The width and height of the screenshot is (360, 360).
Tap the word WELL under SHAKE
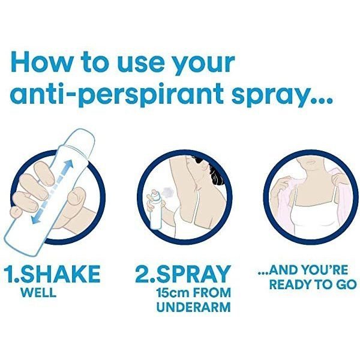[x=38, y=293]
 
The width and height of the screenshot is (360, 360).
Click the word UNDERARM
[x=193, y=307]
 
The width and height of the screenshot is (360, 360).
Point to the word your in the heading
[x=203, y=65]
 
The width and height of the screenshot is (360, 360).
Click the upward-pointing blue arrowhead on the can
[x=68, y=165]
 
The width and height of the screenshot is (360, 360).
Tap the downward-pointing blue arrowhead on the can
[x=36, y=219]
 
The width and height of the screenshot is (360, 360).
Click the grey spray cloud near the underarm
[x=167, y=191]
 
